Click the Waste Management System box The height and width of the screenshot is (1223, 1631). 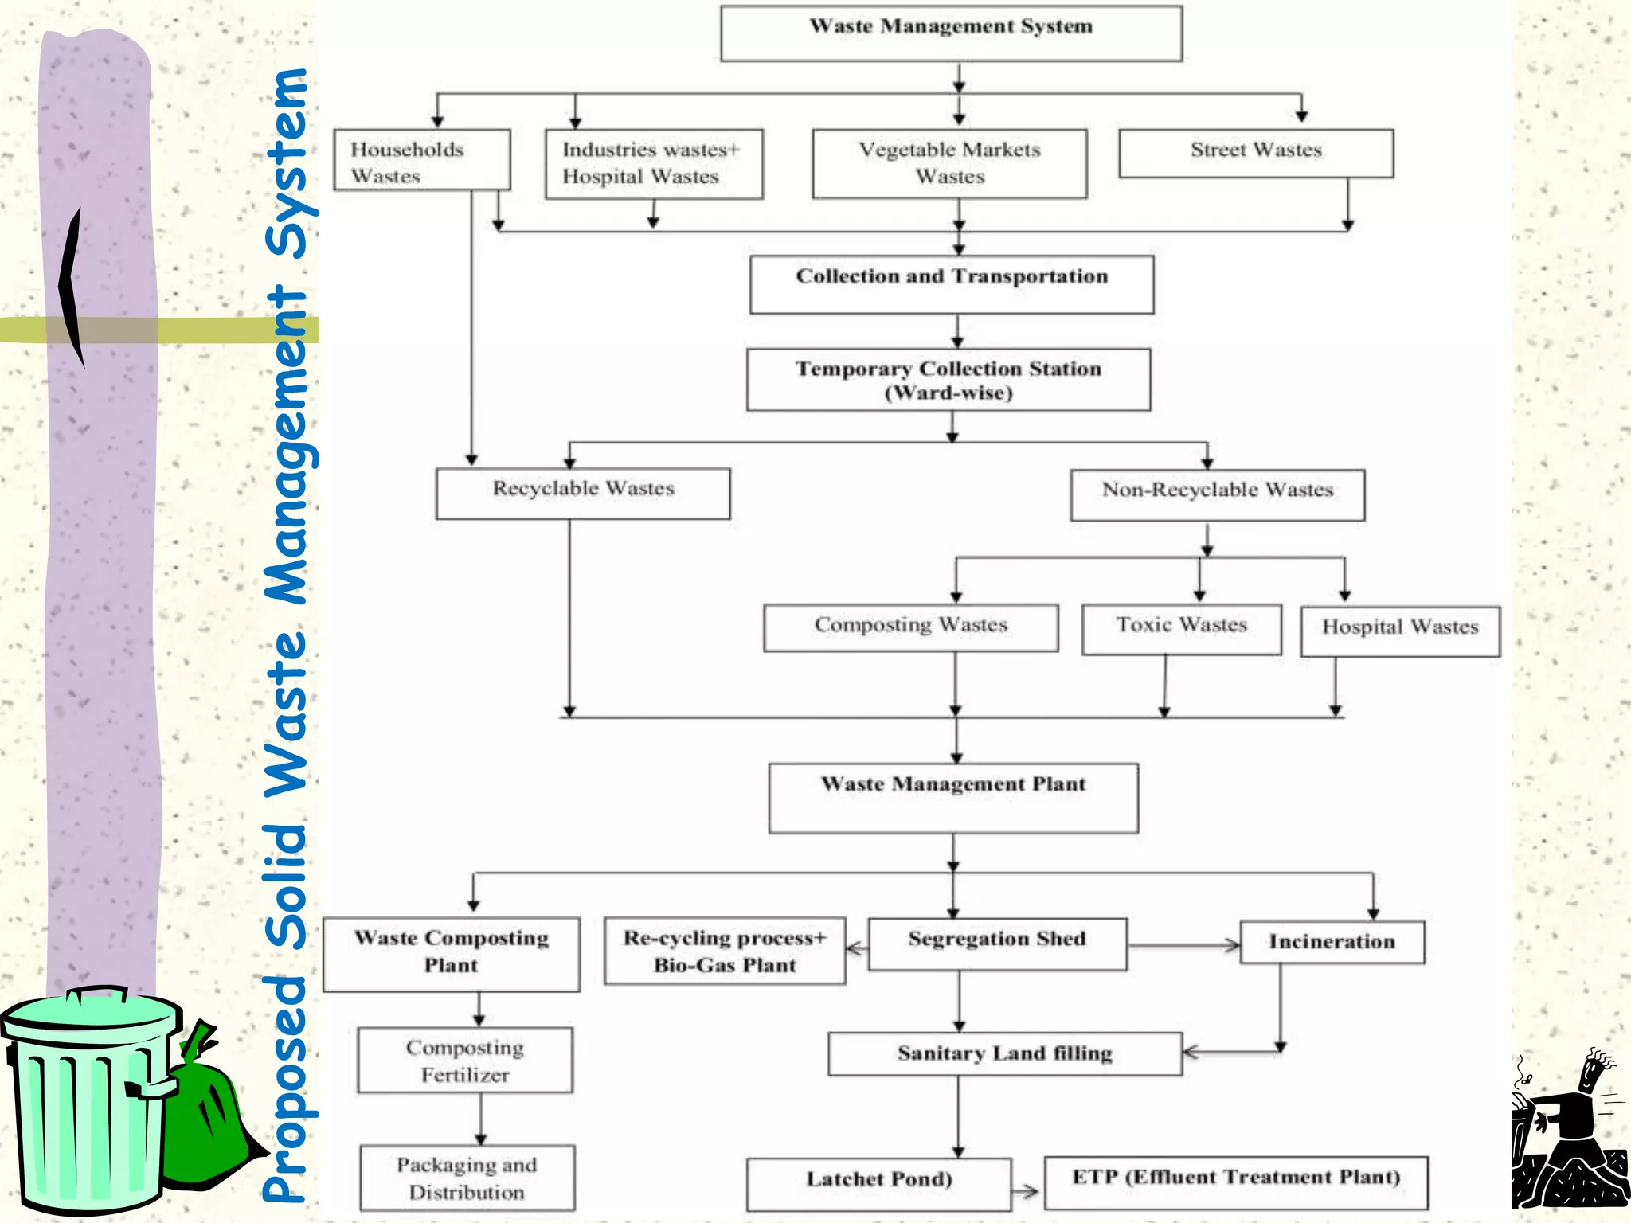(951, 33)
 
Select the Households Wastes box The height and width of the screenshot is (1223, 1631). (421, 160)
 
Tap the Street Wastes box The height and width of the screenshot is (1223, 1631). (1256, 153)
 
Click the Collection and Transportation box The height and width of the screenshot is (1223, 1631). (952, 284)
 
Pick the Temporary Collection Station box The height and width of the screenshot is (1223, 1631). (948, 380)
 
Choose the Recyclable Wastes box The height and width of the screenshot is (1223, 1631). (583, 494)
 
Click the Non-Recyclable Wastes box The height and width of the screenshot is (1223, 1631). (1217, 495)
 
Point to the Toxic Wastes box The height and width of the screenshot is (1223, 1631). (1181, 629)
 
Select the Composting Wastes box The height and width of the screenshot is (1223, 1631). (910, 627)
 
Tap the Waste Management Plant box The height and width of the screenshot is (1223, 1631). (953, 798)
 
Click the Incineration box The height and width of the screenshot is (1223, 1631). (1332, 943)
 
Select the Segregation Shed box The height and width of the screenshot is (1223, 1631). (997, 944)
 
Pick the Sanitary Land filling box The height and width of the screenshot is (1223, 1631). (1004, 1054)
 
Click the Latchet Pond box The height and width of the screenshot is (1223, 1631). (878, 1184)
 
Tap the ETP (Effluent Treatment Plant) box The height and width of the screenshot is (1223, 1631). (1235, 1182)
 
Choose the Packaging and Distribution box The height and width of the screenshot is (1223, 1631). (467, 1178)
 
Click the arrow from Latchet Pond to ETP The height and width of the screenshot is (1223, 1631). (1026, 1192)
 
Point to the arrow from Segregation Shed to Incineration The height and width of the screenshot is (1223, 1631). (1184, 946)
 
